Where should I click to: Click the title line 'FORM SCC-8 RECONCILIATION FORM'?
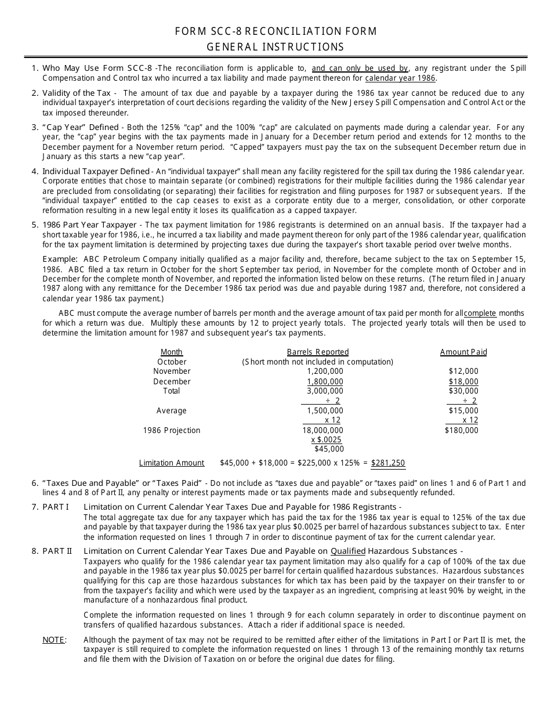[x=276, y=31]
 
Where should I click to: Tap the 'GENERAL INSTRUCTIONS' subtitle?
[x=276, y=47]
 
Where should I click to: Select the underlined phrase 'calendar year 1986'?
[x=400, y=78]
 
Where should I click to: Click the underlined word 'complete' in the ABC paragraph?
[x=480, y=313]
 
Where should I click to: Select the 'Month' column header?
[x=172, y=352]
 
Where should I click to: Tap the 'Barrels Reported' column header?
[x=318, y=352]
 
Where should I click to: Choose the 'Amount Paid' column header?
[x=463, y=352]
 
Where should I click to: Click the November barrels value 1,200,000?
[x=325, y=371]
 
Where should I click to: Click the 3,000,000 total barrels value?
[x=325, y=391]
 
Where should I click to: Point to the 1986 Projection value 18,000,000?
[x=322, y=430]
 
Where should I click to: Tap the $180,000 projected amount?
[x=462, y=430]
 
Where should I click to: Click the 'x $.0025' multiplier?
[x=327, y=439]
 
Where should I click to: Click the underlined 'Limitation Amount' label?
[x=172, y=463]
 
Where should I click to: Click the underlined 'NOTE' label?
[x=53, y=640]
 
